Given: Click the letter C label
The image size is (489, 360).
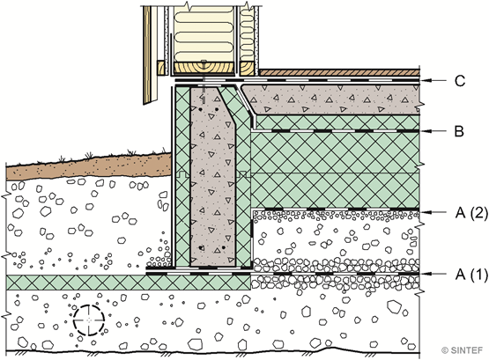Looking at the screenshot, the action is coord(460,81).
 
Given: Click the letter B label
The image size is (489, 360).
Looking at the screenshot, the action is coord(459,131).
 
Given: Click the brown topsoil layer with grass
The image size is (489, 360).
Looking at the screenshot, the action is coord(89,166).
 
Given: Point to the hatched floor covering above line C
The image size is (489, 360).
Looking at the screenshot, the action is coord(339,72).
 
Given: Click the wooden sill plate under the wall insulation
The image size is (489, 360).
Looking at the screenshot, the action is coord(204,68).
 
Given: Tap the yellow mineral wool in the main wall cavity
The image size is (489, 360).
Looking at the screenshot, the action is coord(204,33).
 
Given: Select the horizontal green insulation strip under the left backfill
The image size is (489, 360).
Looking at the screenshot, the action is coord(129,283).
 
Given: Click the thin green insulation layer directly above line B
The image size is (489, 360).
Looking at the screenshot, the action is coord(337,122).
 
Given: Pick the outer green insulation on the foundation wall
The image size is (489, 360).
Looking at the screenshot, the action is coord(182,177).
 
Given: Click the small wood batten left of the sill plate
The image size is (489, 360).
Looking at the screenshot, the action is coord(161,68).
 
